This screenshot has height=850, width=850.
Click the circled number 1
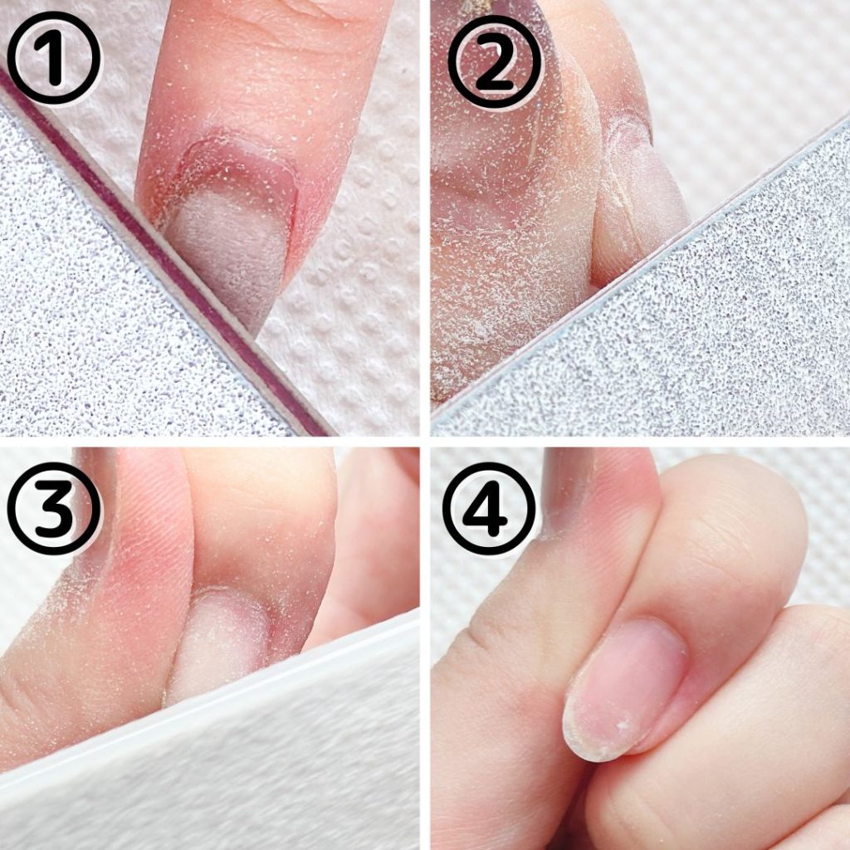54,57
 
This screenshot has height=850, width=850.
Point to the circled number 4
489,508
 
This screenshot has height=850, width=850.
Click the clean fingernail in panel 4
623,688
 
